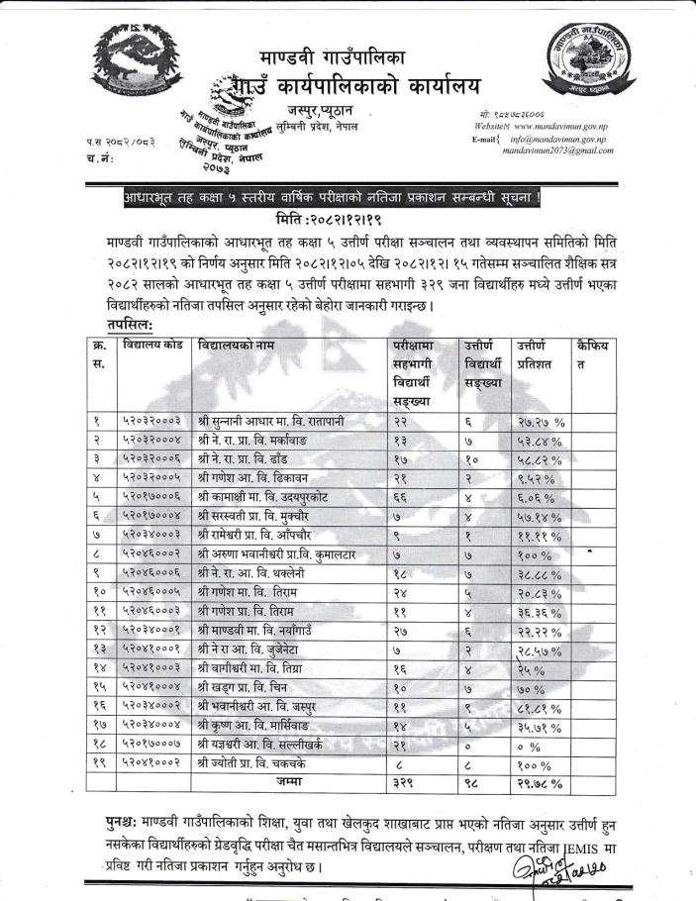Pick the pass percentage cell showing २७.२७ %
540,422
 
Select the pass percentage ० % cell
528,744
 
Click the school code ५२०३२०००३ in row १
151,422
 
